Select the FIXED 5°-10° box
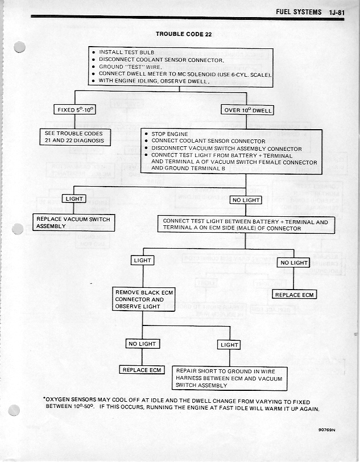point(74,110)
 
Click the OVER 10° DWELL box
point(247,110)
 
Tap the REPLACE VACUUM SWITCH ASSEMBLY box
point(73,222)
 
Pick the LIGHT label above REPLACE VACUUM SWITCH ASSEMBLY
point(75,199)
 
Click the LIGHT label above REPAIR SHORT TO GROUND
point(229,345)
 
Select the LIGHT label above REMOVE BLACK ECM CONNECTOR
point(142,260)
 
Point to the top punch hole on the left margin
point(20,48)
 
